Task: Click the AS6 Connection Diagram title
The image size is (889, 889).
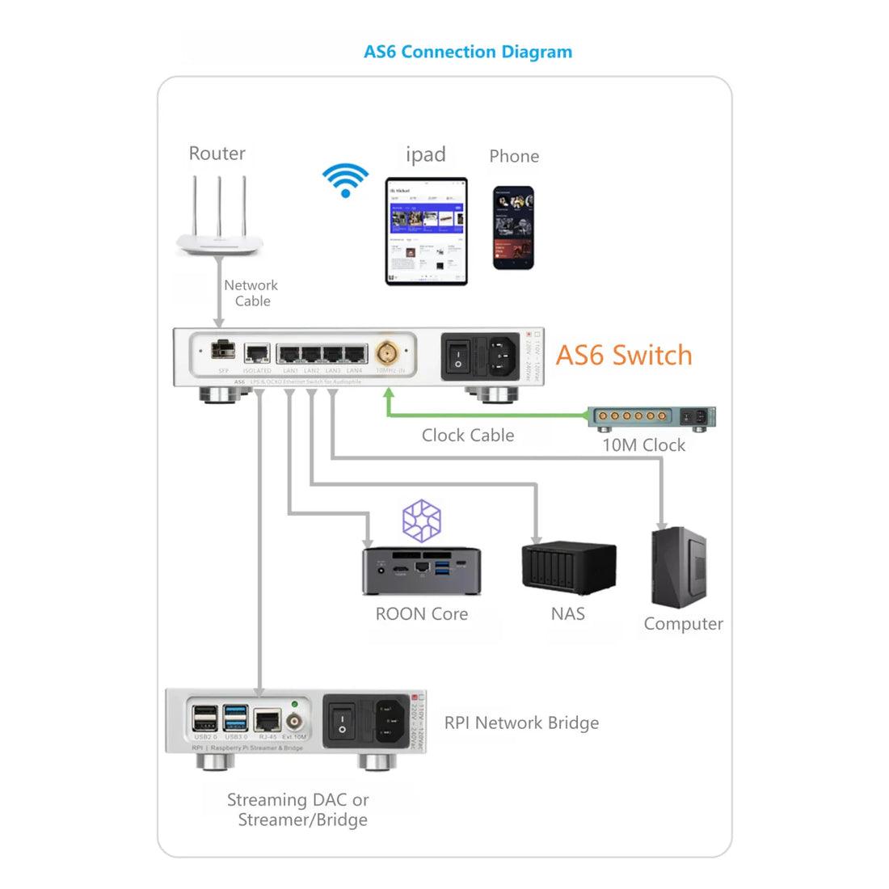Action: (x=467, y=52)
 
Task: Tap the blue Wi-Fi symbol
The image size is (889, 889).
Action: (x=345, y=180)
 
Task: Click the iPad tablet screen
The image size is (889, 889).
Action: (x=426, y=231)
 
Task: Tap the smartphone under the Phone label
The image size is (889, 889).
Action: (x=513, y=228)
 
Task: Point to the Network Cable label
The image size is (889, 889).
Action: (x=251, y=293)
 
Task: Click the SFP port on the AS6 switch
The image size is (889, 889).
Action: (x=223, y=351)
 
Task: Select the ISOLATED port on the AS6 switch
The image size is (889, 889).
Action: (x=257, y=353)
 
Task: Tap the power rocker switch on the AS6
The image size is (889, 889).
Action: (x=458, y=356)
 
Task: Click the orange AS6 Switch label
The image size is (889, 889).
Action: (x=624, y=356)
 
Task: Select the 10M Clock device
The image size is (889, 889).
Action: (x=651, y=417)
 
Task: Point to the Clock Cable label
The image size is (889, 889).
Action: (x=467, y=436)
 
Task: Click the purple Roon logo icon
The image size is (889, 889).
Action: (x=422, y=520)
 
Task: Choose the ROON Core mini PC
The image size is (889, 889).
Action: (x=421, y=571)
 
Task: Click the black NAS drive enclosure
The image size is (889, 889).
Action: (x=568, y=569)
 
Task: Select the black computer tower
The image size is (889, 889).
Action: (x=680, y=567)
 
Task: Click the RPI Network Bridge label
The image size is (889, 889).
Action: (x=521, y=723)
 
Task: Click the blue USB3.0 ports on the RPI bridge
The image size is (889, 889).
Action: (x=236, y=718)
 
